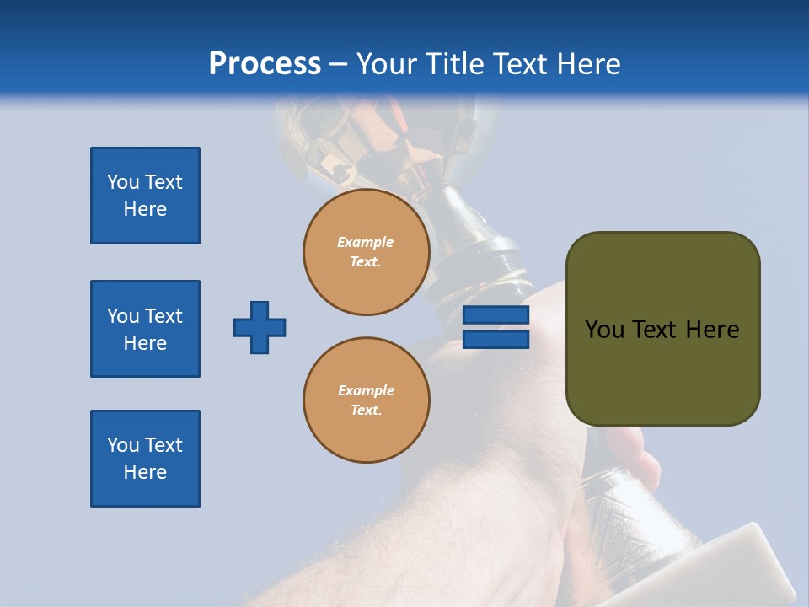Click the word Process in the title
265,63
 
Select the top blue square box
145,196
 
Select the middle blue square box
145,329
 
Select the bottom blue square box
145,459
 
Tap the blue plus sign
260,327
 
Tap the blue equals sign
496,327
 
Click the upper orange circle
367,252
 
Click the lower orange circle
367,400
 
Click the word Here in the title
590,63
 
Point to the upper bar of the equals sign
496,315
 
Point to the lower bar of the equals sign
496,339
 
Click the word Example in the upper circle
366,242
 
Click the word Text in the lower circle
365,411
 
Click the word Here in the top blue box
145,209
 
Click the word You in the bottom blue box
121,445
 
